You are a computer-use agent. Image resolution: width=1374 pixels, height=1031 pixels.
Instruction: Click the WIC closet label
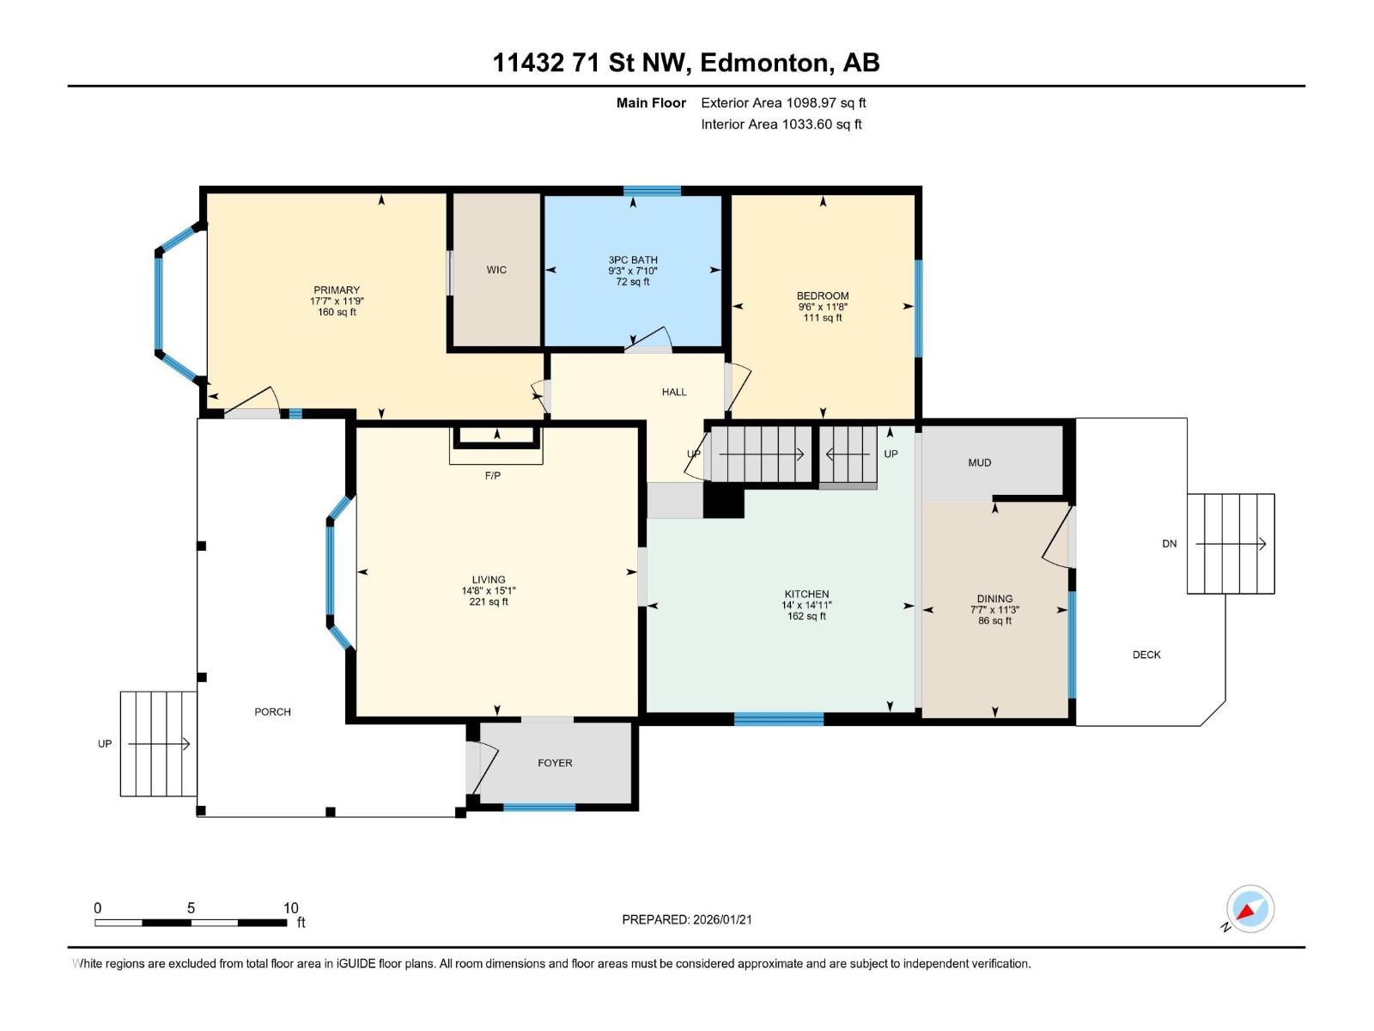point(496,270)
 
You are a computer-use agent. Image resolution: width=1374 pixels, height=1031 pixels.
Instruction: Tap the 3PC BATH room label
point(633,259)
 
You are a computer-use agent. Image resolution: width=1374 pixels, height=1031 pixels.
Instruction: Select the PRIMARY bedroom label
point(337,290)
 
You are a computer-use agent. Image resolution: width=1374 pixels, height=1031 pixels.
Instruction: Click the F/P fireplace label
point(493,476)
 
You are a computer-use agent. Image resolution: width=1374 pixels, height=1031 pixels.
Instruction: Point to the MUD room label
point(980,462)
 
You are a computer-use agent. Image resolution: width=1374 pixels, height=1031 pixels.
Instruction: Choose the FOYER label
point(556,763)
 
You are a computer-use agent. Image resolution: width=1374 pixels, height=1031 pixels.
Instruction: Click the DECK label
point(1146,655)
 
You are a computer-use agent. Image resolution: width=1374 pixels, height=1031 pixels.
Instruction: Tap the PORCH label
point(273,711)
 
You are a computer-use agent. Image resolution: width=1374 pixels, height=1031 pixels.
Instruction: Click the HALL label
point(674,392)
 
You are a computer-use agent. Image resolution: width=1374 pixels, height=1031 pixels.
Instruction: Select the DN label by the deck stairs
point(1170,544)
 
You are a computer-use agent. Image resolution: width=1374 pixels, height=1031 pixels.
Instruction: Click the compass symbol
point(1250,909)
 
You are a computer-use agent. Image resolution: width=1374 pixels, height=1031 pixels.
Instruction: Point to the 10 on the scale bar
point(290,908)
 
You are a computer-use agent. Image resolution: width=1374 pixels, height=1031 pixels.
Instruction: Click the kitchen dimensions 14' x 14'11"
point(806,606)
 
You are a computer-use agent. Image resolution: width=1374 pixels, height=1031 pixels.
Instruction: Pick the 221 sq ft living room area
point(489,601)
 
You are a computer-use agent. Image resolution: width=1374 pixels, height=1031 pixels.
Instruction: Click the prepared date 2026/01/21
point(722,919)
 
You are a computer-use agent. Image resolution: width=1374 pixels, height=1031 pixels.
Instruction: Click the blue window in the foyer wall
point(539,807)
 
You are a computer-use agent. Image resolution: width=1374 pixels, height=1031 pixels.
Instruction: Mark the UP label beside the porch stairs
point(105,744)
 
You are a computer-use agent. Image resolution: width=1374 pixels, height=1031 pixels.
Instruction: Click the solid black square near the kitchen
point(724,503)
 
